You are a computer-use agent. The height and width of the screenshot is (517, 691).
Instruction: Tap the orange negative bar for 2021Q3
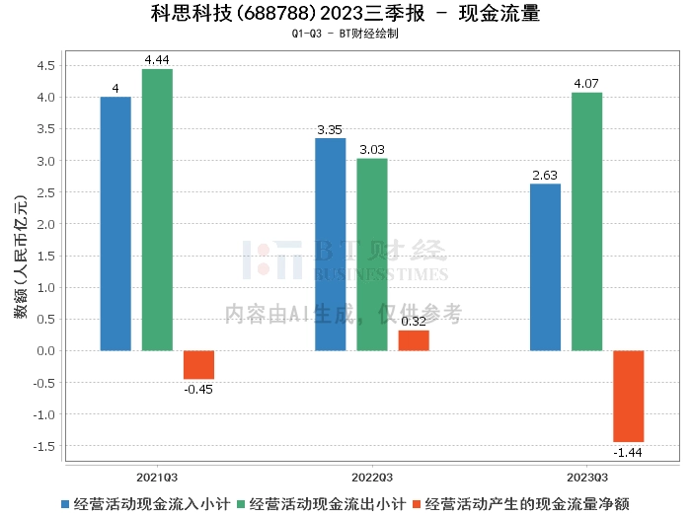(198, 365)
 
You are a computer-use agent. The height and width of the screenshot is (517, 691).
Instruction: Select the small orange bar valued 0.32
(414, 340)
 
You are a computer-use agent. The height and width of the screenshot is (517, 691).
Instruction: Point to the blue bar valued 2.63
(545, 267)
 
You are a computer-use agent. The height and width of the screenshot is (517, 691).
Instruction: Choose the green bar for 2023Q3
(586, 221)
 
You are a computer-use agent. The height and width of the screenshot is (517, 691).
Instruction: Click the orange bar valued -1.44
(628, 396)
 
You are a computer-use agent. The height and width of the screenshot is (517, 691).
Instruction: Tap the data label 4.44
(157, 60)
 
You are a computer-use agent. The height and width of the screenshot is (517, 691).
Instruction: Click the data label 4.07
(586, 84)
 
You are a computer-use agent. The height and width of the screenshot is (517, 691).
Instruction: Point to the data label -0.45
(198, 389)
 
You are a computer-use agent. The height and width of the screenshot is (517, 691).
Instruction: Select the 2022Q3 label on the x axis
(372, 476)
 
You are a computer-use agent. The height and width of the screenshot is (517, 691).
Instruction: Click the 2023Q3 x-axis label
(586, 476)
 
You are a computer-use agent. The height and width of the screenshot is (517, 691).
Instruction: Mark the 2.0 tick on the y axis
(46, 224)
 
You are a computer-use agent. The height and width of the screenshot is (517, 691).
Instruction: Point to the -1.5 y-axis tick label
(43, 446)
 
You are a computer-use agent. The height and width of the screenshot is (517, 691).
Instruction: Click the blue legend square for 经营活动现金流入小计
(66, 503)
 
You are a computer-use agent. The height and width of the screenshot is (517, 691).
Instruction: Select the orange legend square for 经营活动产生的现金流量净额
(418, 503)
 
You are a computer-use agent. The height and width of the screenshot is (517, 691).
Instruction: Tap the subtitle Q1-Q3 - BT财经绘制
(345, 34)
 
